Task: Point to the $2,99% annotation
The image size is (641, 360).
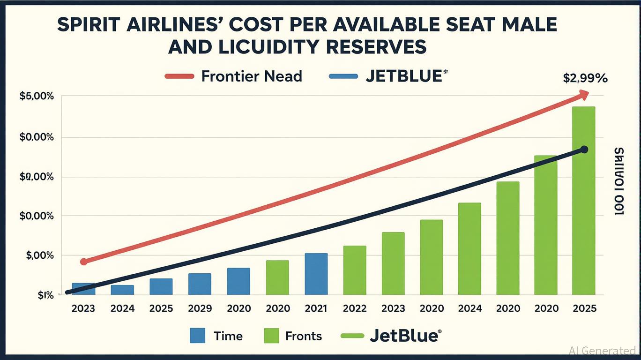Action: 585,79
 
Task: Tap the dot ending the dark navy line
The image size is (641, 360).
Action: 584,150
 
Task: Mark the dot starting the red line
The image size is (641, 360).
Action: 84,262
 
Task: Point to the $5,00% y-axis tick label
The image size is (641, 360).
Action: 37,97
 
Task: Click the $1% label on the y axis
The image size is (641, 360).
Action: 39,296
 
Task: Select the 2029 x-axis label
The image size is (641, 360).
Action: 200,308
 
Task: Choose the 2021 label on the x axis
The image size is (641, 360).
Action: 316,308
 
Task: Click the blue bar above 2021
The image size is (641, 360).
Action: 316,274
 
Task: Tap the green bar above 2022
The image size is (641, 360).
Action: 355,270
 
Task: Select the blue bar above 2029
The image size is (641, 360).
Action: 200,284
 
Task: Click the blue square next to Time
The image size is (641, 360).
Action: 198,336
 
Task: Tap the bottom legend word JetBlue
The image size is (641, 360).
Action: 404,336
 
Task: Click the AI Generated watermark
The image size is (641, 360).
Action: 602,351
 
